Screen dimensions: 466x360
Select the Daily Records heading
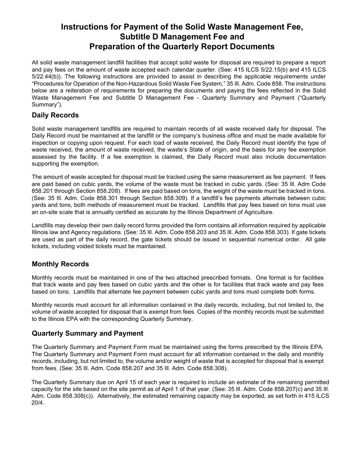pyautogui.click(x=55, y=115)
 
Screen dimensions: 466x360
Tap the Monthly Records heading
pyautogui.click(x=60, y=264)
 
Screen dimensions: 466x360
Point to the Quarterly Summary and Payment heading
pyautogui.click(x=88, y=333)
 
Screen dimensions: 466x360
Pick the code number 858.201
pyautogui.click(x=42, y=191)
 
